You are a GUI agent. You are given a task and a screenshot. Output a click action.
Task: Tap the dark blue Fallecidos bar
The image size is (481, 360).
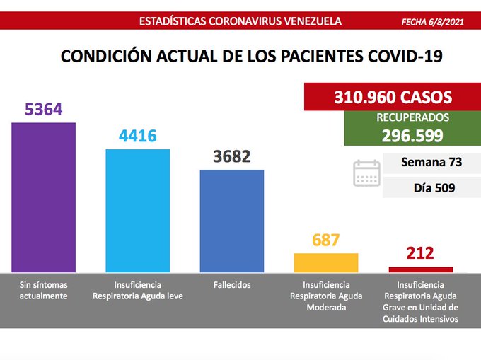point(231,220)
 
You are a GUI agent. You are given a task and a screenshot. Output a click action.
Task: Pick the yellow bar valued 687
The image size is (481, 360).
point(325,262)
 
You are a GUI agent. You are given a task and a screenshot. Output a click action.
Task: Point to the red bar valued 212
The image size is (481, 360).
point(420,269)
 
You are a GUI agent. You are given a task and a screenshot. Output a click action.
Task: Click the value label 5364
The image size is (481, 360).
point(44,110)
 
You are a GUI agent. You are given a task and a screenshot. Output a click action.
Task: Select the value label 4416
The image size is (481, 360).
point(137,136)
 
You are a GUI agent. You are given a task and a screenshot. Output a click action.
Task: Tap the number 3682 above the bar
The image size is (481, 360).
point(231,157)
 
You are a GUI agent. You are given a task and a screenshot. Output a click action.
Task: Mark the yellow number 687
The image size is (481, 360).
point(325,240)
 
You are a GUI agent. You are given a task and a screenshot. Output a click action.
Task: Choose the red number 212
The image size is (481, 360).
point(420,254)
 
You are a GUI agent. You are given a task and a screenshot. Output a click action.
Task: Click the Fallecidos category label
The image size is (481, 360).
point(231,284)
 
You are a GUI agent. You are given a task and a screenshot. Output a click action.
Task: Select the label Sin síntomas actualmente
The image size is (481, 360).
point(44,290)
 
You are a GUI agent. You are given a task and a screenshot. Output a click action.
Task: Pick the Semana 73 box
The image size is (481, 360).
point(431,162)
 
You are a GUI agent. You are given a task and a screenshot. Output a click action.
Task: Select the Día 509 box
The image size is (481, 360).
point(431,188)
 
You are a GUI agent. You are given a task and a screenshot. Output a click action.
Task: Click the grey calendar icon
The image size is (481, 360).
point(366,173)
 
